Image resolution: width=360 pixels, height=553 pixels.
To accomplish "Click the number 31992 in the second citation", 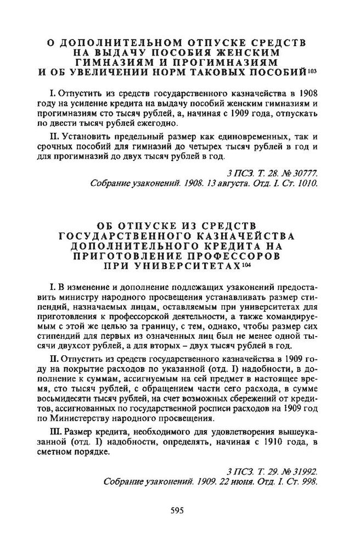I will (x=303, y=472).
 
